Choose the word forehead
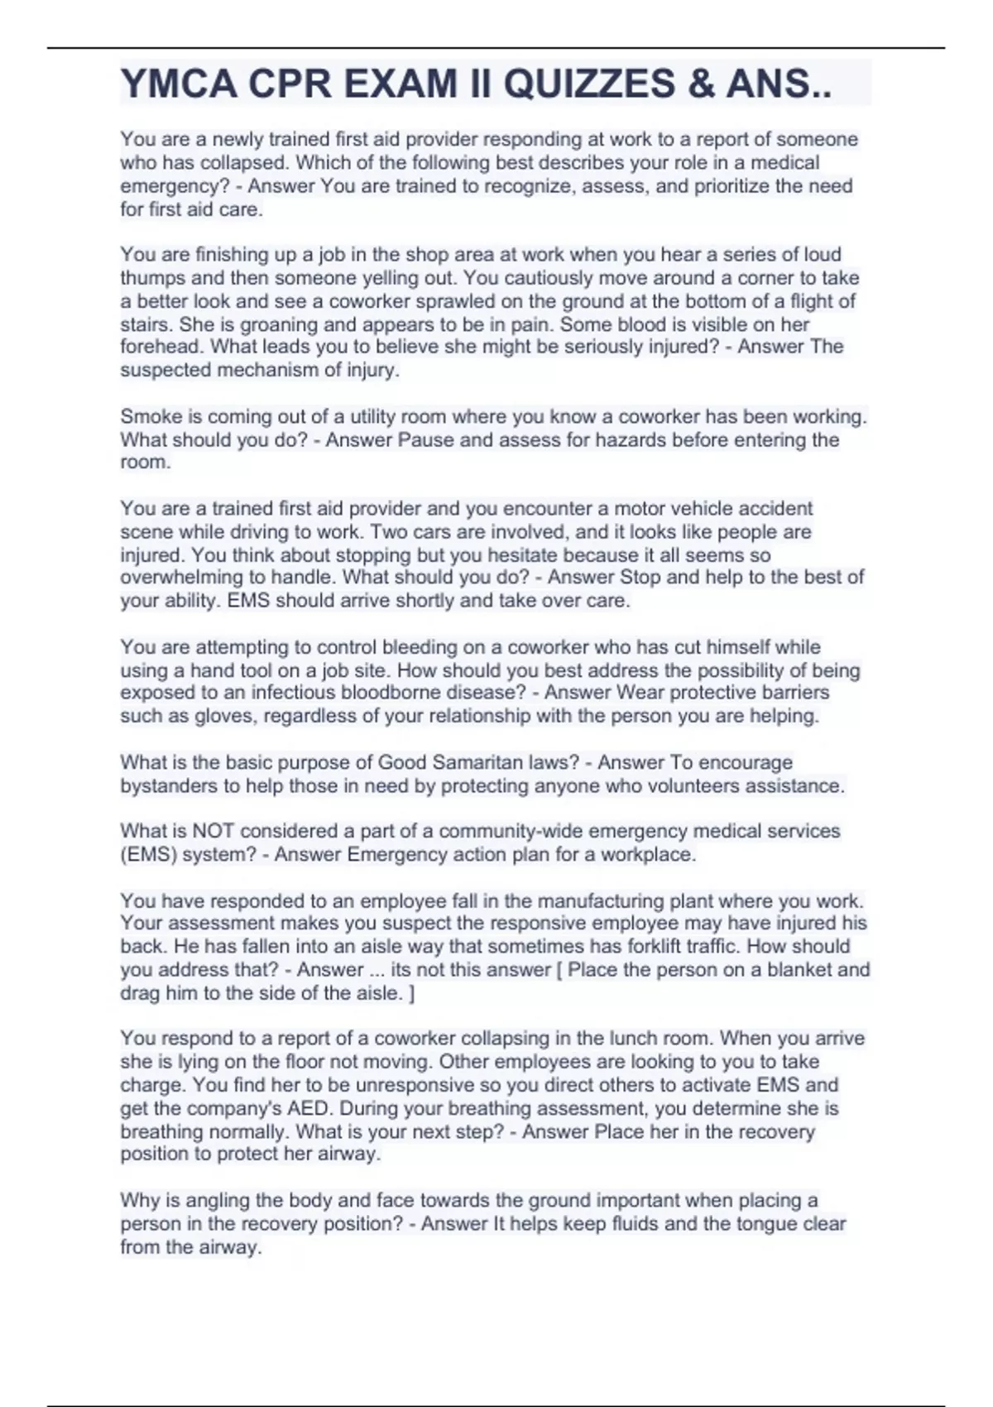tap(161, 347)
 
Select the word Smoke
tap(146, 416)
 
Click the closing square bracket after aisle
tap(412, 993)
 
